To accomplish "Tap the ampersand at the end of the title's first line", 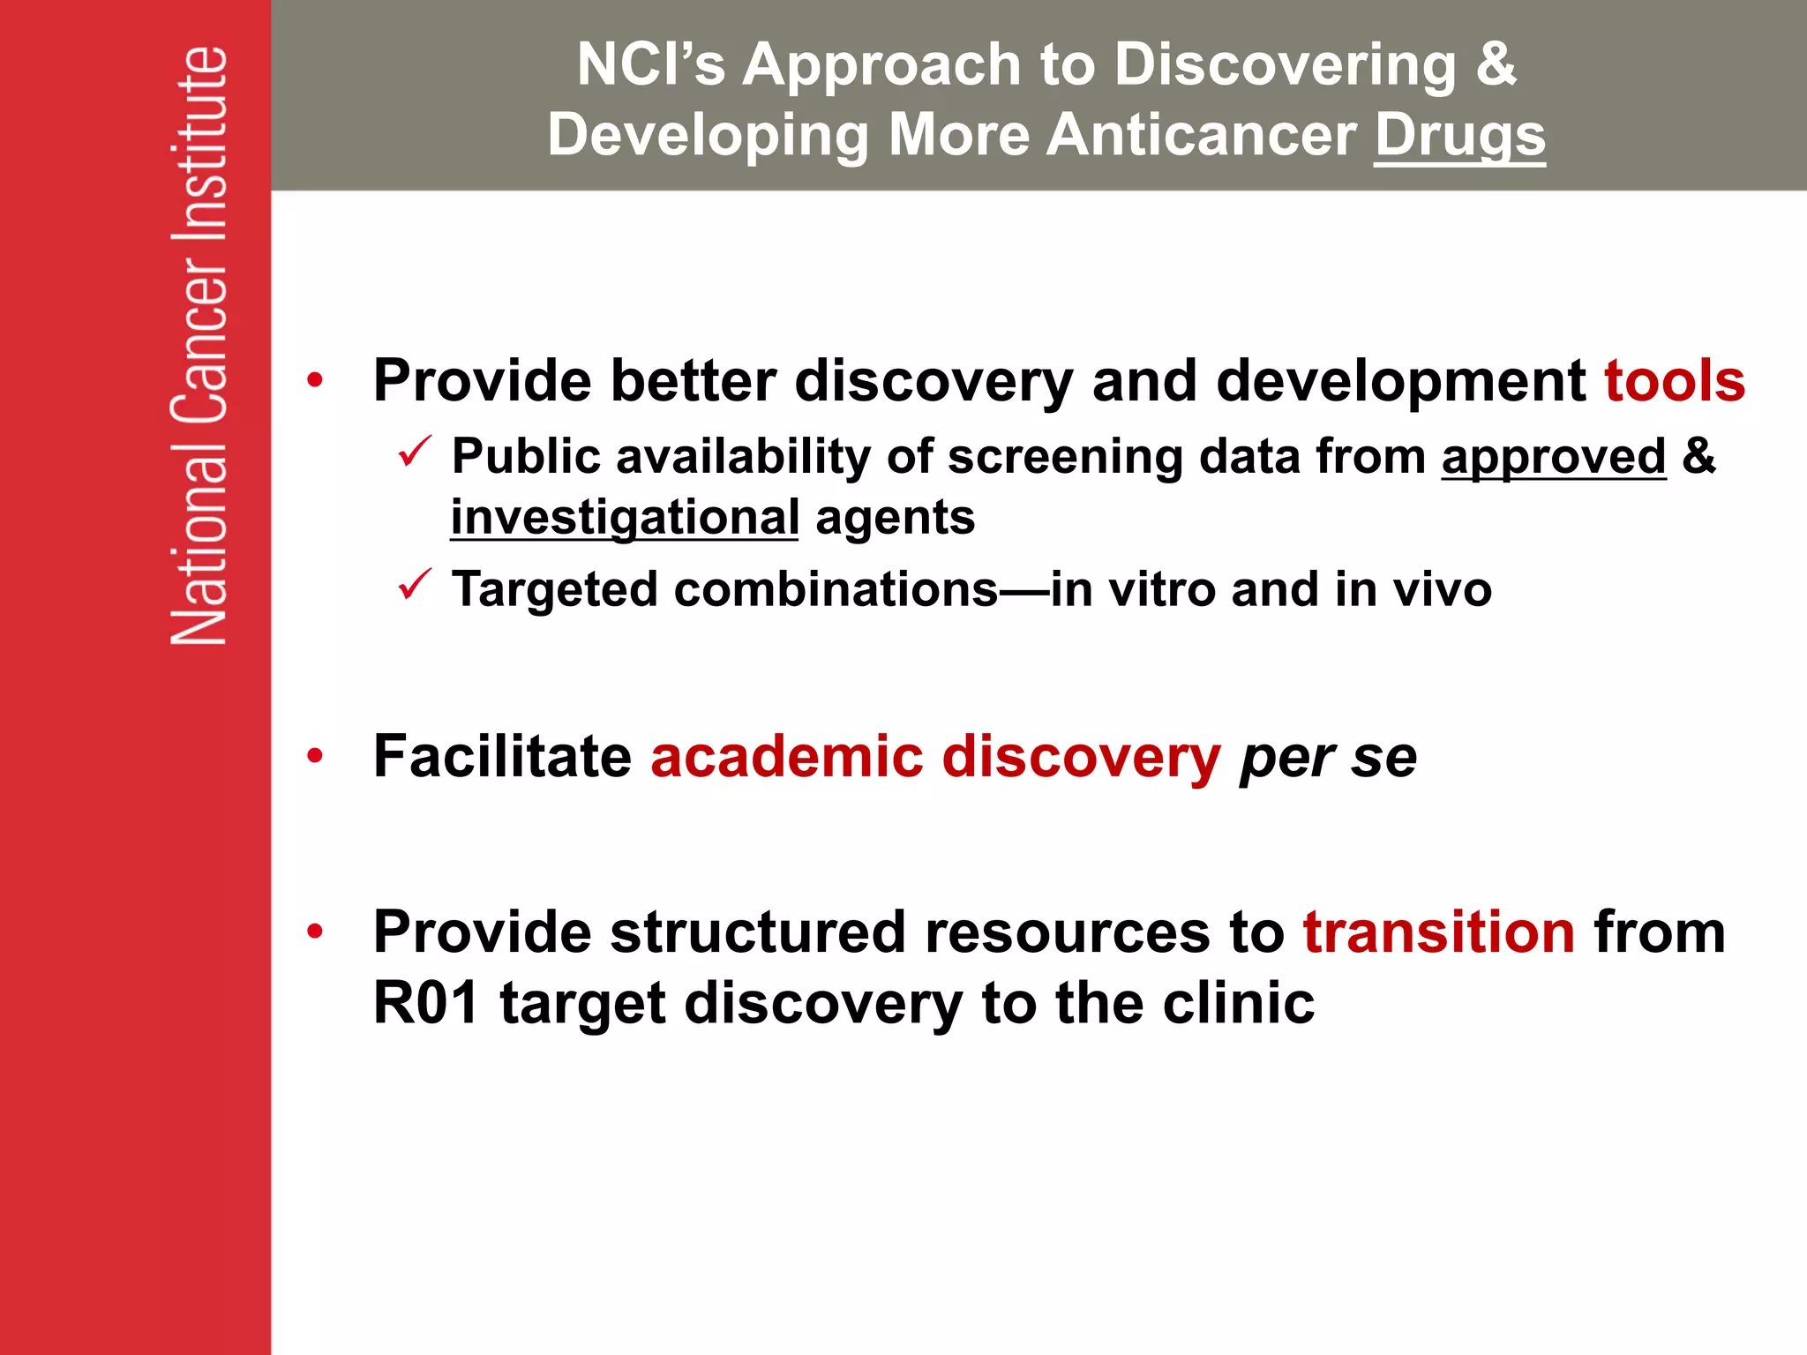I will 1496,64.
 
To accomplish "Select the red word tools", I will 1674,381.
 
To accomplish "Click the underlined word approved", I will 1553,457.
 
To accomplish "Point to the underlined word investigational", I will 625,517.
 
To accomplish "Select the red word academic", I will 787,757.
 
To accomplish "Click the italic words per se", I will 1328,757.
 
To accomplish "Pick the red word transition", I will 1439,932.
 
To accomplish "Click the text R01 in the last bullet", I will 426,1004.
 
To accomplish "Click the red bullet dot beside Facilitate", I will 315,757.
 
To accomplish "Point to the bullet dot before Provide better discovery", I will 315,381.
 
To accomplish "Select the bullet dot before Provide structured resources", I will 315,932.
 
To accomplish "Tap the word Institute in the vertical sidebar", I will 199,146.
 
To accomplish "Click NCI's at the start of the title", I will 650,64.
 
